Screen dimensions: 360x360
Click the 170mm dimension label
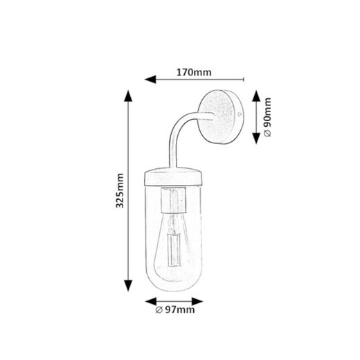coord(193,71)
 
